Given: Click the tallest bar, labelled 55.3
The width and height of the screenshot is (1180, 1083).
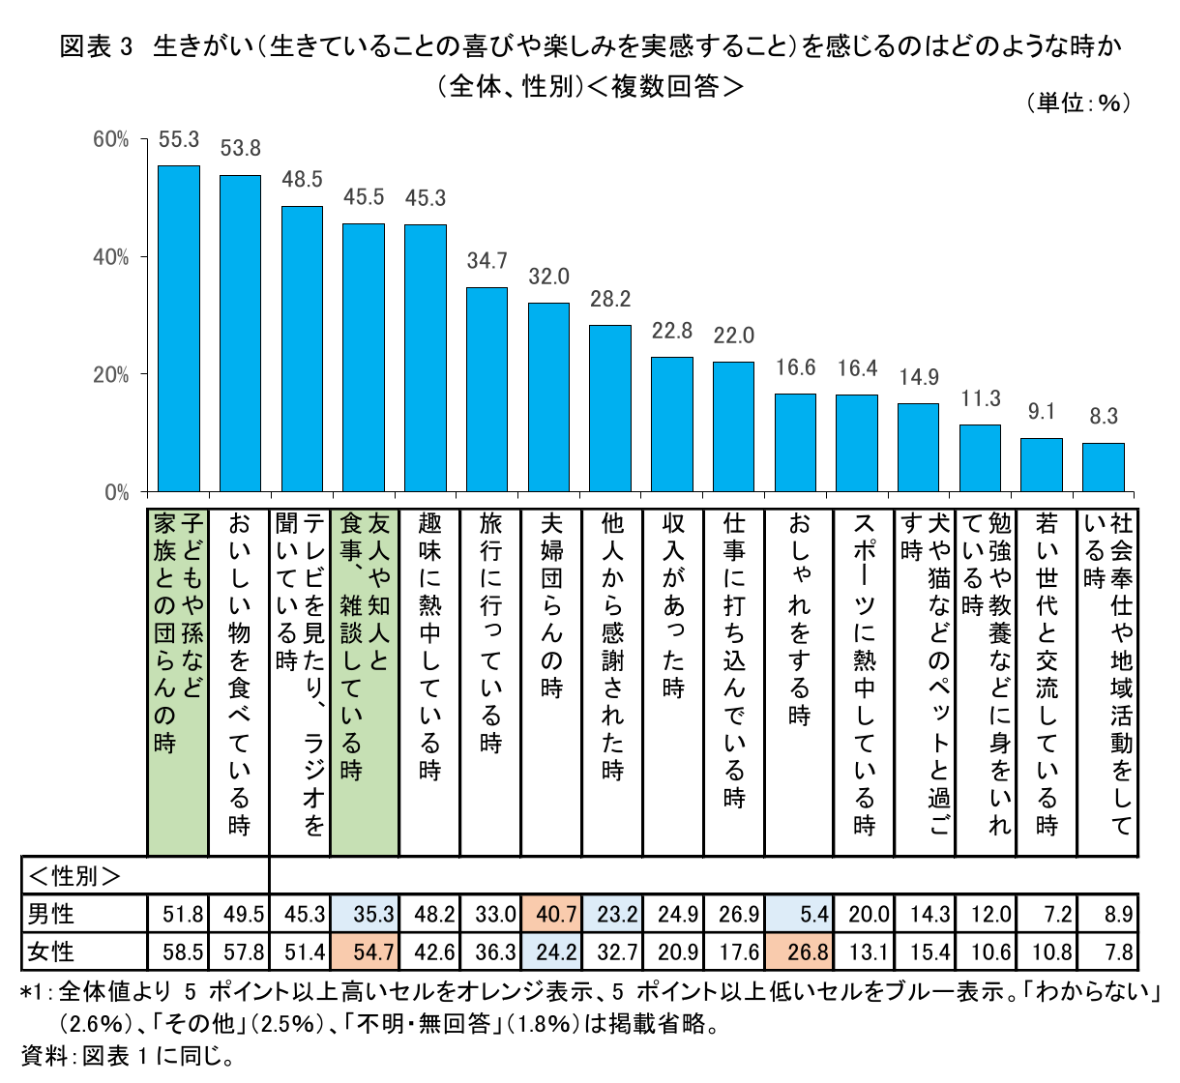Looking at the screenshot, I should coord(178,329).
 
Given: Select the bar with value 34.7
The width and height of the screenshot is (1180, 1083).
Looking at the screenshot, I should coord(487,390).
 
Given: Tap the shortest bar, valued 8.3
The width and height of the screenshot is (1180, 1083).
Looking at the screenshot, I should coord(1103,467).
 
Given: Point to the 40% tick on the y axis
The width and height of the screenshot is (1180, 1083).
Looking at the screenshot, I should coord(110,257).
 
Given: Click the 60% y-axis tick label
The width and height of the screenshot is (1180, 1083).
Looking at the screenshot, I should coord(110,140).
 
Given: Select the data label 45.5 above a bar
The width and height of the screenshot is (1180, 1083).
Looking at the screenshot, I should coord(364,197).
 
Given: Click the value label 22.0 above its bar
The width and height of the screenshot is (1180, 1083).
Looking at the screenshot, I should coord(733,336).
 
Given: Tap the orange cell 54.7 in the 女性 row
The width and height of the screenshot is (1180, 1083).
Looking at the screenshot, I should coord(364,951).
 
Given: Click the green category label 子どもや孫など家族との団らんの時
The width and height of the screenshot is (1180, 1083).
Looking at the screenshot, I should coord(178,633).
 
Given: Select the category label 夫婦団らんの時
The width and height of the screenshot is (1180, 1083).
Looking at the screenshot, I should coord(549,604).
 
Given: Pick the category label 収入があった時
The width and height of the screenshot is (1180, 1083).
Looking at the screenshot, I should coord(673,604).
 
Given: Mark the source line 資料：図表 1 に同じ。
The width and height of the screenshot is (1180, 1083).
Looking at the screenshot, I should coord(127,1056).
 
